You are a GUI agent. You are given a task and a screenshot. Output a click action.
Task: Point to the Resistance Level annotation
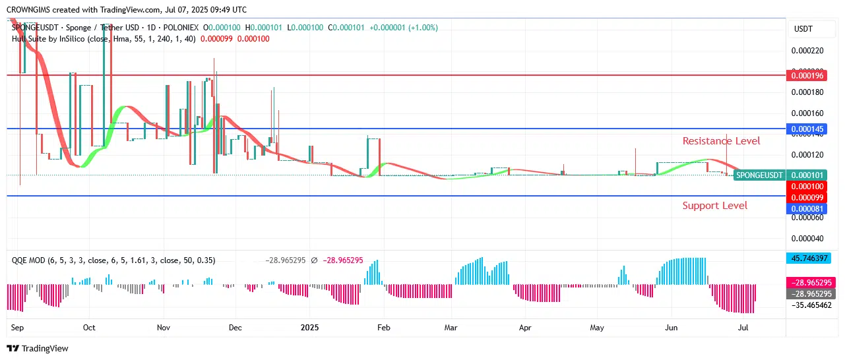pyautogui.click(x=721, y=141)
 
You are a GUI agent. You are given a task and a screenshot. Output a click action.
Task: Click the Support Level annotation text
pyautogui.click(x=714, y=206)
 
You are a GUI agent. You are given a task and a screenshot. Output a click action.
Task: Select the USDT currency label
pyautogui.click(x=803, y=29)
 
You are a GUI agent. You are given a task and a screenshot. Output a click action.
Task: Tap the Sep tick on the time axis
pyautogui.click(x=18, y=327)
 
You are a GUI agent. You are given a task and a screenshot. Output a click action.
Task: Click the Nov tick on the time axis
pyautogui.click(x=164, y=327)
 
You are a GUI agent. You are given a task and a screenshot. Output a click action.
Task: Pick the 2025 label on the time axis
pyautogui.click(x=309, y=327)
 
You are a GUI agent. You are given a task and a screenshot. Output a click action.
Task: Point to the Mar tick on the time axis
pyautogui.click(x=451, y=327)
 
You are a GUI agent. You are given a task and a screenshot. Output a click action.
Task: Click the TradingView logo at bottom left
pyautogui.click(x=38, y=348)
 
